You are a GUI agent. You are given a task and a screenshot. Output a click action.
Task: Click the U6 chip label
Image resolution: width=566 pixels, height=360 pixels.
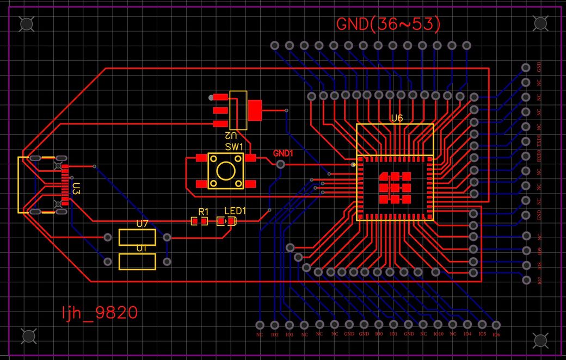click(x=396, y=118)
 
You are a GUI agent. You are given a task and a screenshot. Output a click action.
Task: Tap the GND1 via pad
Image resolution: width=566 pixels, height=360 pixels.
click(x=281, y=164)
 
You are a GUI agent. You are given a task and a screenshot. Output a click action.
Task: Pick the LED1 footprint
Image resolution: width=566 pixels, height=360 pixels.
click(x=226, y=221)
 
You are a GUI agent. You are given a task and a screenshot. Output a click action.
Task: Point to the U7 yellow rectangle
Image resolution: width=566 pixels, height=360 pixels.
click(x=138, y=238)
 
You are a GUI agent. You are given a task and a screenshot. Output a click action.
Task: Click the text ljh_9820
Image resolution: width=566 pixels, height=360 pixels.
click(x=100, y=313)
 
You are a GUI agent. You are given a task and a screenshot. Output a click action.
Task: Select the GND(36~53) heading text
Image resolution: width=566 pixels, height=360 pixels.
click(x=388, y=24)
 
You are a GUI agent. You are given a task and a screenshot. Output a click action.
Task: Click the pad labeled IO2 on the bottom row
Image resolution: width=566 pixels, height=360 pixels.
click(x=274, y=325)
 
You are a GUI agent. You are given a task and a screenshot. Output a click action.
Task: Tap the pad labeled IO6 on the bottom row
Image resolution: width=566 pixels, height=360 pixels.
click(x=496, y=325)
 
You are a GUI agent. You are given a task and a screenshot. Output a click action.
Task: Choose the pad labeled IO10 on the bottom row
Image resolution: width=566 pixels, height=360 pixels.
click(x=438, y=325)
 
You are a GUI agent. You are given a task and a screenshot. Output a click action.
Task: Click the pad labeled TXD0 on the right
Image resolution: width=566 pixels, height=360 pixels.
click(x=526, y=141)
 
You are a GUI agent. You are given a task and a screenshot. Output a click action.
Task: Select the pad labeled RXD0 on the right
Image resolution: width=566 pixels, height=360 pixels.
click(x=526, y=156)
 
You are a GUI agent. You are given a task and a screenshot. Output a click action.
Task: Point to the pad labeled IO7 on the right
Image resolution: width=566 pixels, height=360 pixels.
click(x=526, y=280)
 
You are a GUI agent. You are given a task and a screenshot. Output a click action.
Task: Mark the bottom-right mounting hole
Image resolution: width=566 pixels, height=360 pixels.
click(x=540, y=340)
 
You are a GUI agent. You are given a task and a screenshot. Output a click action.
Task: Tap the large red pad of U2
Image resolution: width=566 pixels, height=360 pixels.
click(x=254, y=110)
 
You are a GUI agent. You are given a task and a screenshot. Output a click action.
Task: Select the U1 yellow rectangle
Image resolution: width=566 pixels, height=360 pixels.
click(x=138, y=262)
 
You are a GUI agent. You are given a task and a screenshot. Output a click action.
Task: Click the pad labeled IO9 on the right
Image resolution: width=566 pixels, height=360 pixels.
click(x=526, y=251)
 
